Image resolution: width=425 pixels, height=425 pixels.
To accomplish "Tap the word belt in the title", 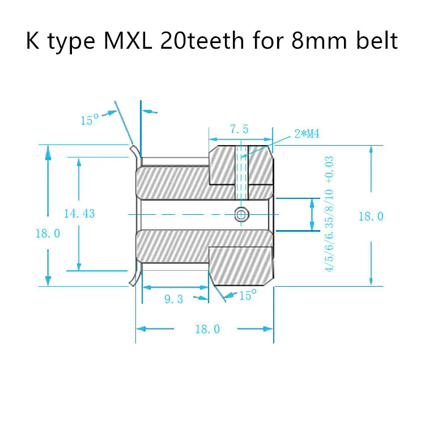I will [376, 41].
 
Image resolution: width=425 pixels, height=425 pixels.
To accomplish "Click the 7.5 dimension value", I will [239, 130].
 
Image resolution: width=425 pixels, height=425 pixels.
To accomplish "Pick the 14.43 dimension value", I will [79, 214].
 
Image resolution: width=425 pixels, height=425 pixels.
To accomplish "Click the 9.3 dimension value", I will [174, 299].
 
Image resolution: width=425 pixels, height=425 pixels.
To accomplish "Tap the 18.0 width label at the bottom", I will [207, 329].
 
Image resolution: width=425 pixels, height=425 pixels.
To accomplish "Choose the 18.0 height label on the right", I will [371, 216].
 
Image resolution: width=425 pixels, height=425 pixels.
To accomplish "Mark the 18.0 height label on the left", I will [48, 233].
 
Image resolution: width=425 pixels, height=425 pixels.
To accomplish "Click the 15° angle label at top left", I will [90, 120].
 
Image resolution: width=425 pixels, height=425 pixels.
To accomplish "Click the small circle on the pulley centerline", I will [241, 214].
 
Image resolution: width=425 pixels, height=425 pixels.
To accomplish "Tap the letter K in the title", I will [32, 41].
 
